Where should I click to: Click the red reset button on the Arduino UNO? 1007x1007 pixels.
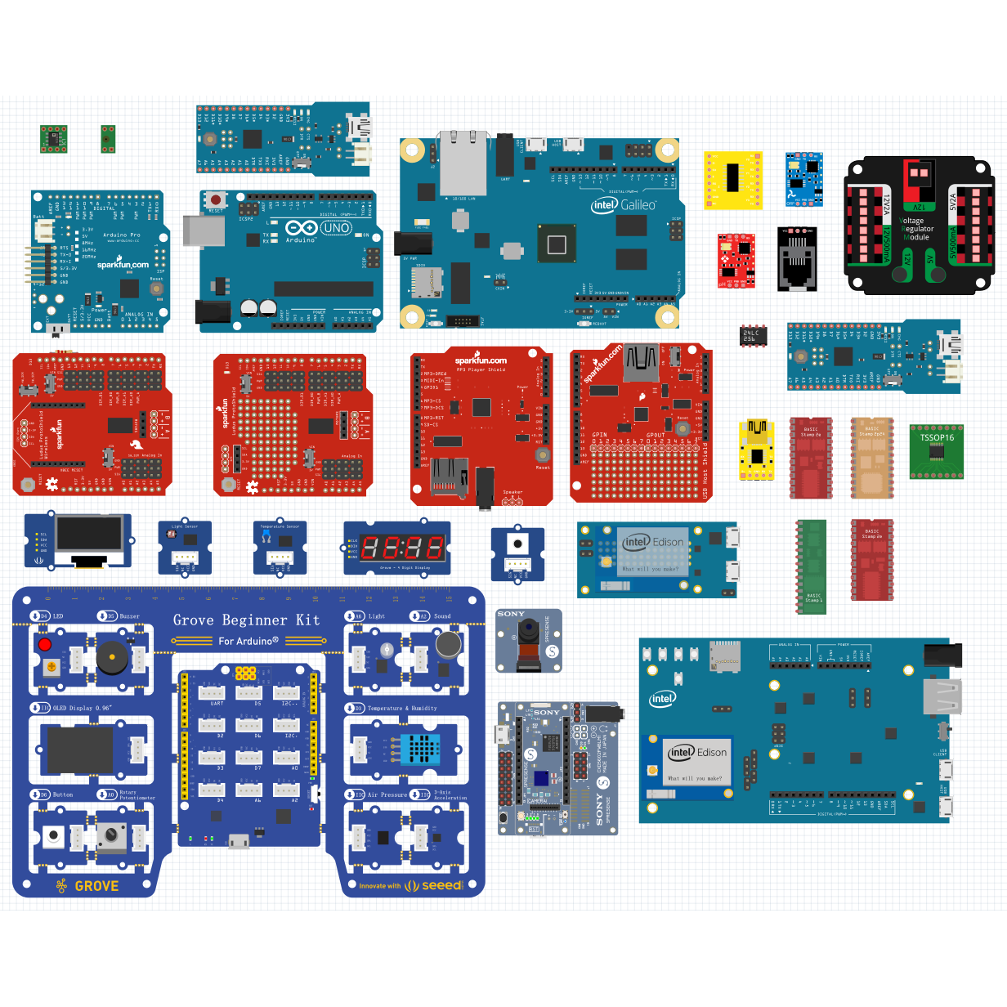216,199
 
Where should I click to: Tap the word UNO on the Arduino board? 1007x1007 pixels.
336,228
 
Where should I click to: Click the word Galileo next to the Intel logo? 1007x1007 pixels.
638,205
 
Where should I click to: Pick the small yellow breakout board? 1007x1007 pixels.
733,180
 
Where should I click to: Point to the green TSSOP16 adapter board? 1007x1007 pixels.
937,451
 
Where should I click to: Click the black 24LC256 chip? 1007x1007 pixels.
753,335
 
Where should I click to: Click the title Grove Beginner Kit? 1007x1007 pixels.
246,620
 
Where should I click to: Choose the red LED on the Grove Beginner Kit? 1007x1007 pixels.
45,644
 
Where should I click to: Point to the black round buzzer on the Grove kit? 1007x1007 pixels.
111,656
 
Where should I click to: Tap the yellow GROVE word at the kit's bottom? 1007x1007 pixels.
96,886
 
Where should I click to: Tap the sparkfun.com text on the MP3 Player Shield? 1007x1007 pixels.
481,360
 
